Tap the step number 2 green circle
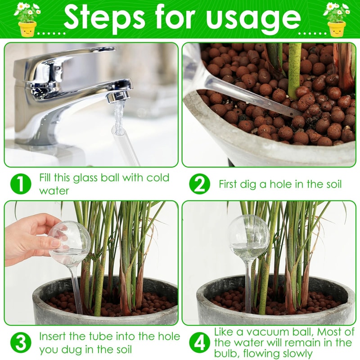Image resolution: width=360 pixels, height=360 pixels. [x=199, y=184]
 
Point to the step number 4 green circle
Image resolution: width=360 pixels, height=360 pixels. [x=199, y=343]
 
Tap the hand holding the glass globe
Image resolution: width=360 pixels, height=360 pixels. [x=29, y=238]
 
